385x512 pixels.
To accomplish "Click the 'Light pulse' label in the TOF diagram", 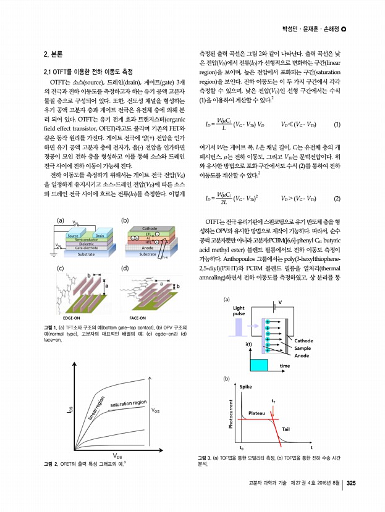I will (x=239, y=310).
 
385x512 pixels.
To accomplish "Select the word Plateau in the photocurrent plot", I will (x=256, y=412).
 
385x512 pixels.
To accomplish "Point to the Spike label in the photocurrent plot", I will (x=246, y=386).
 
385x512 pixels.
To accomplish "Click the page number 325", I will (x=350, y=482).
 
